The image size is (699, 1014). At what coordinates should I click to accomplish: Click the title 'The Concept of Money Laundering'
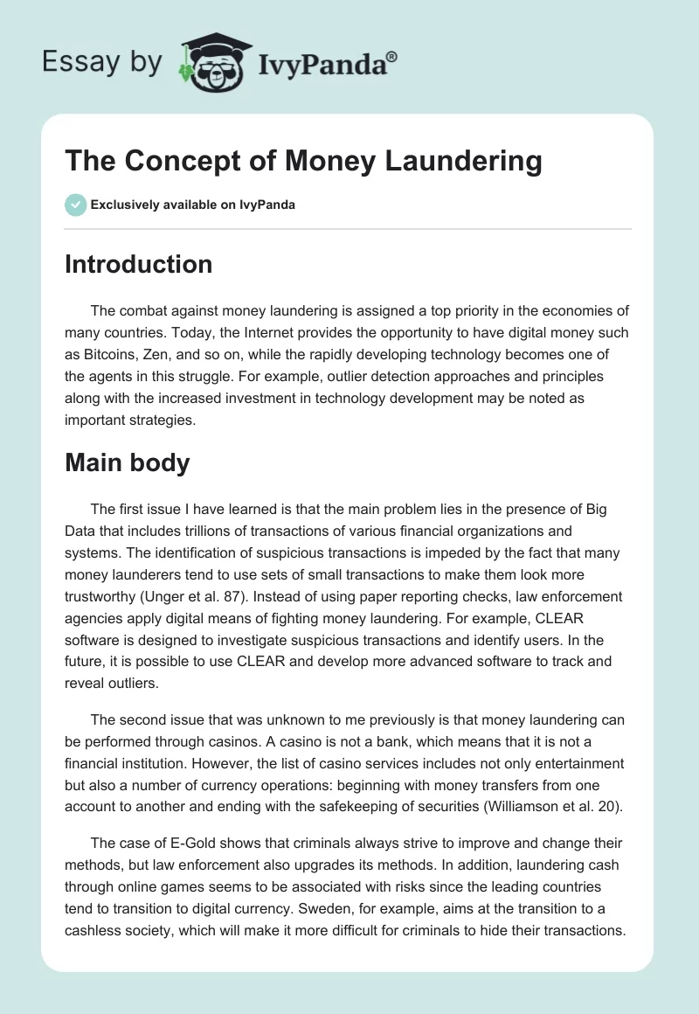click(x=303, y=162)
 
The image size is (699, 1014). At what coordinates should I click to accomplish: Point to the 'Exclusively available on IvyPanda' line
click(x=193, y=205)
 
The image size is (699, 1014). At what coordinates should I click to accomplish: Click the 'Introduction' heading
click(x=138, y=265)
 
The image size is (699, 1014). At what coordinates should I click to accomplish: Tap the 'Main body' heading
click(x=127, y=463)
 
